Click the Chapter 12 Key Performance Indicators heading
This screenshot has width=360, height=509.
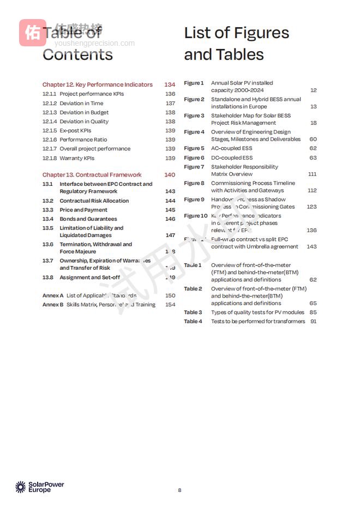(x=98, y=84)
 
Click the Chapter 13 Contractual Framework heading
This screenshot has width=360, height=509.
(x=92, y=175)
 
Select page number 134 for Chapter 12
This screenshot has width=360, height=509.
(x=170, y=84)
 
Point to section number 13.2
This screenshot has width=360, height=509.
(x=48, y=201)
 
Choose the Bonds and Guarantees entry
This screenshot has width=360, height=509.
(x=88, y=219)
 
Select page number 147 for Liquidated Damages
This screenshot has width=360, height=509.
(x=170, y=235)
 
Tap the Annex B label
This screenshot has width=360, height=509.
(x=52, y=305)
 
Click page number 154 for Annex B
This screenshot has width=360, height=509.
(x=170, y=305)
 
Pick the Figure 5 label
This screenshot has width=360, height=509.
(x=194, y=148)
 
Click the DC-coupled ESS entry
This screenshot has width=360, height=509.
(x=232, y=157)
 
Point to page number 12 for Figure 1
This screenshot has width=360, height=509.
(x=313, y=90)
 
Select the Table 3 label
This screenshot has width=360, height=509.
(x=193, y=312)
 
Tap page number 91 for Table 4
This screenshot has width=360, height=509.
(x=313, y=322)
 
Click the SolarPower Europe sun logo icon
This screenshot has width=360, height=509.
(x=20, y=487)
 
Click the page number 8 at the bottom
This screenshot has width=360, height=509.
(x=179, y=490)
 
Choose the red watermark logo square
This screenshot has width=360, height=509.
(x=33, y=33)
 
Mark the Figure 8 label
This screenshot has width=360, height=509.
(x=194, y=183)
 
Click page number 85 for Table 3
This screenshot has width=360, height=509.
(x=313, y=312)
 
